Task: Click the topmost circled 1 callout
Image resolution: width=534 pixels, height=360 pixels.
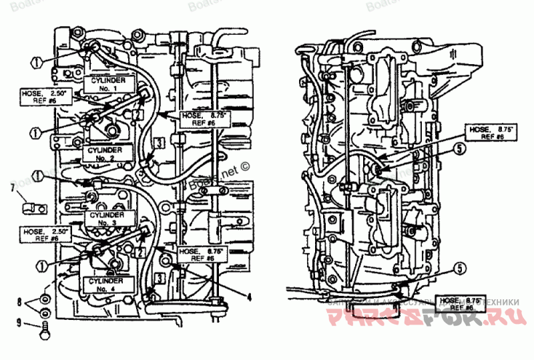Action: [x=37, y=61]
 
